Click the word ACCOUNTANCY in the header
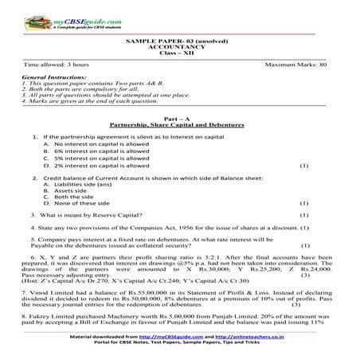(x=180, y=46)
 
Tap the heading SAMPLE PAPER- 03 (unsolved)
(x=180, y=40)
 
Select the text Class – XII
(x=180, y=53)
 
